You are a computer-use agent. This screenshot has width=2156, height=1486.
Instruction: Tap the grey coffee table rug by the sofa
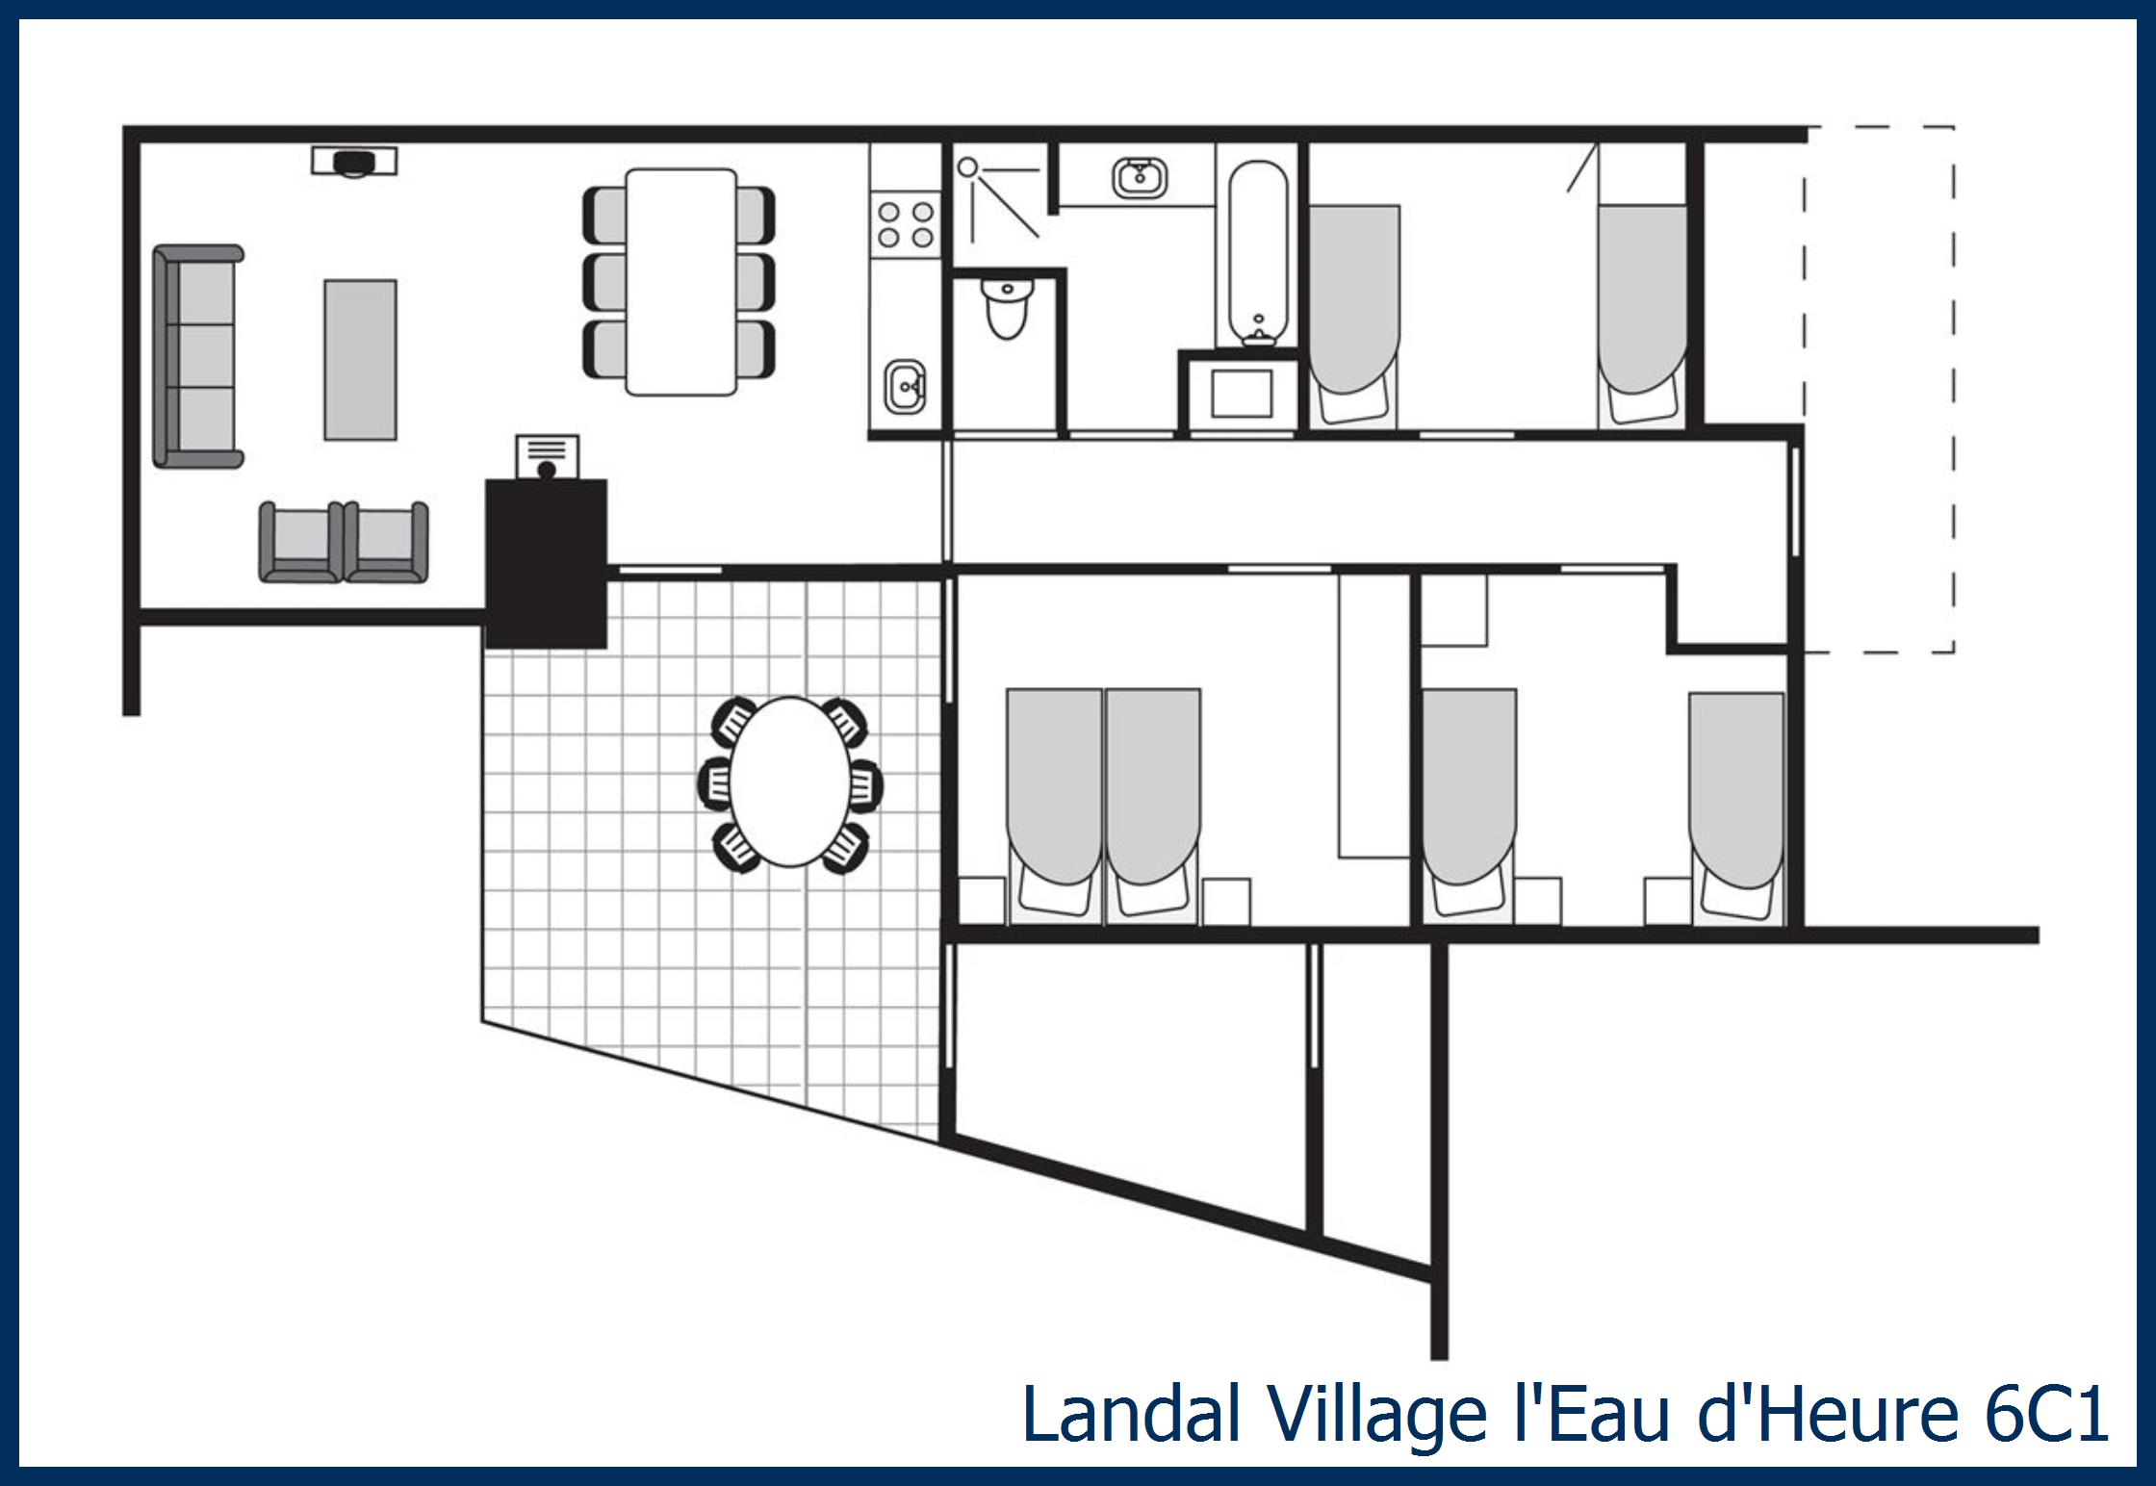(360, 360)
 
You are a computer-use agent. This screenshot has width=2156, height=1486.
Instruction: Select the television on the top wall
(354, 161)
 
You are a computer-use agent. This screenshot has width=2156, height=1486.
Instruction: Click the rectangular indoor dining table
(680, 282)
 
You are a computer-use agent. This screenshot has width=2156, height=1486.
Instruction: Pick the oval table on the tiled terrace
(789, 781)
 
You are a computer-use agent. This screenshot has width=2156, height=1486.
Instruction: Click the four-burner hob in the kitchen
(906, 224)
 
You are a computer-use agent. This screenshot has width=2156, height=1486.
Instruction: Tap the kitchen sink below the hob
(905, 386)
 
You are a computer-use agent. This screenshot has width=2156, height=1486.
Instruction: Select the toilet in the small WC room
(1007, 306)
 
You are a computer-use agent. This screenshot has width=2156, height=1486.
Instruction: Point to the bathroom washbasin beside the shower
(1140, 178)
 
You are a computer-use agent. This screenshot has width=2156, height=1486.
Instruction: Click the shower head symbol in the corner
(968, 168)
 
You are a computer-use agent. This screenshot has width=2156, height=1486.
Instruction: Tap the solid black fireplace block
(546, 563)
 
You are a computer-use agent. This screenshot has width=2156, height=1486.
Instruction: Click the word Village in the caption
(1376, 1415)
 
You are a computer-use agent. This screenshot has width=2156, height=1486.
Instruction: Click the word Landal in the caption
(1131, 1415)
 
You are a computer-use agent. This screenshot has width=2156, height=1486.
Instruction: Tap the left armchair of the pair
(300, 543)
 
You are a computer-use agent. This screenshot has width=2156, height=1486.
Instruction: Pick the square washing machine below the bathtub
(1242, 394)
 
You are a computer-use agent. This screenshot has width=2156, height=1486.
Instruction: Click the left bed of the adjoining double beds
(1054, 804)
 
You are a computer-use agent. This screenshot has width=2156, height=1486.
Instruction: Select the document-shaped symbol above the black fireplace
(548, 454)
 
